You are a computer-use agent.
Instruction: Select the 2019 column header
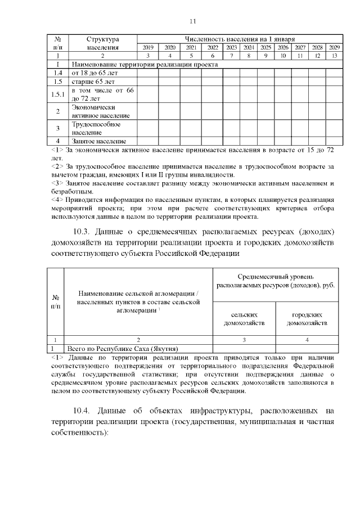148,48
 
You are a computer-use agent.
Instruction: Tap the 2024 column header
249,48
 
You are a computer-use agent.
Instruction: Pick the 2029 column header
334,48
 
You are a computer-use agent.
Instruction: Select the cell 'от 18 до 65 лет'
91,73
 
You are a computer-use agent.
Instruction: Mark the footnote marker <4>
57,199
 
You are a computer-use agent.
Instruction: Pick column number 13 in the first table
334,56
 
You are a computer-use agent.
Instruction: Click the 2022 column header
213,48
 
